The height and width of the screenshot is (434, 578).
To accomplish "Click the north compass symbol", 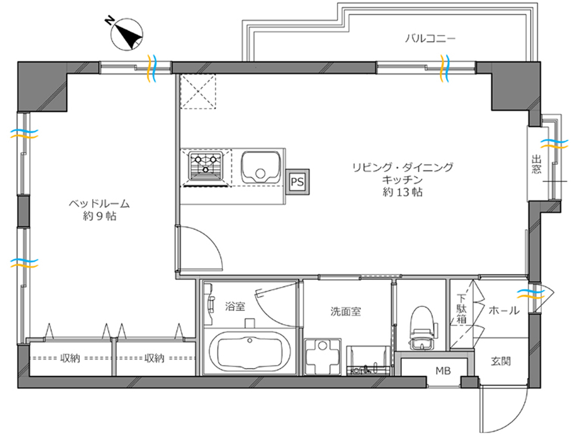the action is coord(126,34).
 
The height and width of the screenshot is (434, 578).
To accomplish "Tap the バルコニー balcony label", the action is coord(430,39).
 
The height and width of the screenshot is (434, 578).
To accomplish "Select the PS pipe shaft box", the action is coord(297,182).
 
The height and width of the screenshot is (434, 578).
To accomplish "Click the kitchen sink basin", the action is coord(261,168).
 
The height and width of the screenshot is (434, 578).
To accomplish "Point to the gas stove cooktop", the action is coord(206,166).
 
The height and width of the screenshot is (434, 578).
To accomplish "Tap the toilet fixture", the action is coord(422,328).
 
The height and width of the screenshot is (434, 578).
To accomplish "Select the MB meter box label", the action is coord(443,371).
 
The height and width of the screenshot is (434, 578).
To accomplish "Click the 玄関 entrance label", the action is coord(501,361).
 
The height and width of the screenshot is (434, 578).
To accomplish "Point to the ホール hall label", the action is coord(504,311).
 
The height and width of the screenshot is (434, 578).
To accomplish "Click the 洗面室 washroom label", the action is coord(346,311).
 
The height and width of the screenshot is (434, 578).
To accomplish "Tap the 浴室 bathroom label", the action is coord(235,306).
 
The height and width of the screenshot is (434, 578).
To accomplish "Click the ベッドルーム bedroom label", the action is coord(99,204).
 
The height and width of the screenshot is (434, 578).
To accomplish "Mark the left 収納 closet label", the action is coord(70,358).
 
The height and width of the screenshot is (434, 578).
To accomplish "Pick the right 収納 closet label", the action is coord(154,358).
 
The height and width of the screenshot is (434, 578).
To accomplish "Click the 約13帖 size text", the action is coord(403,192).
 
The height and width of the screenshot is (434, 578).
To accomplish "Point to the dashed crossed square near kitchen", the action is coord(198,92).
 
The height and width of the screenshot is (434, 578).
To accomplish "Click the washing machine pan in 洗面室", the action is coord(323,357).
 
